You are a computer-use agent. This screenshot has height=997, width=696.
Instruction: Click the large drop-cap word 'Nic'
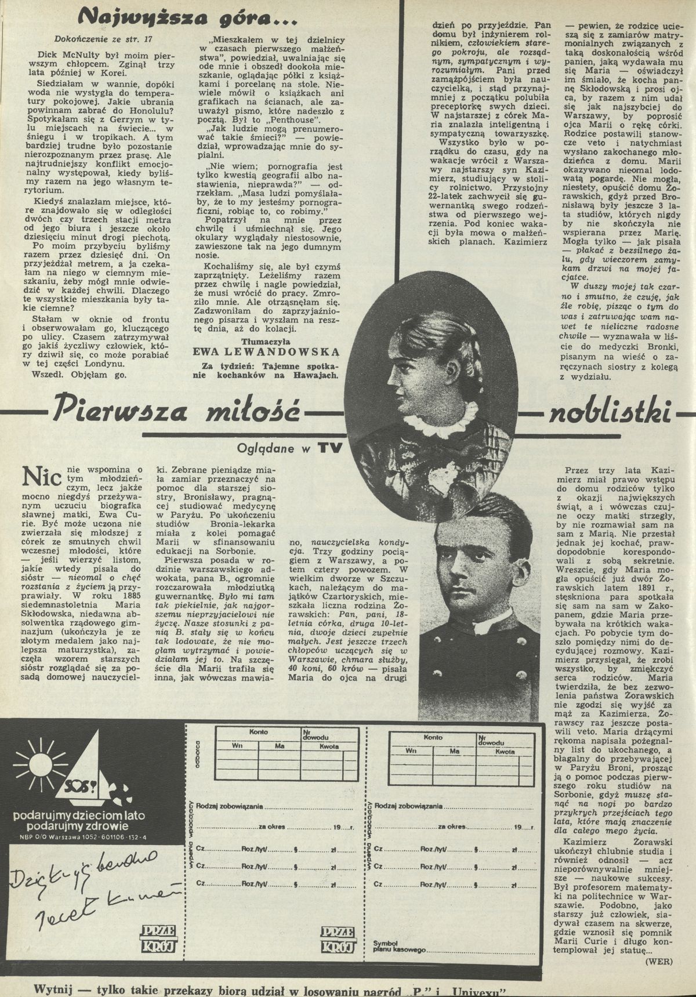tap(42, 477)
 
